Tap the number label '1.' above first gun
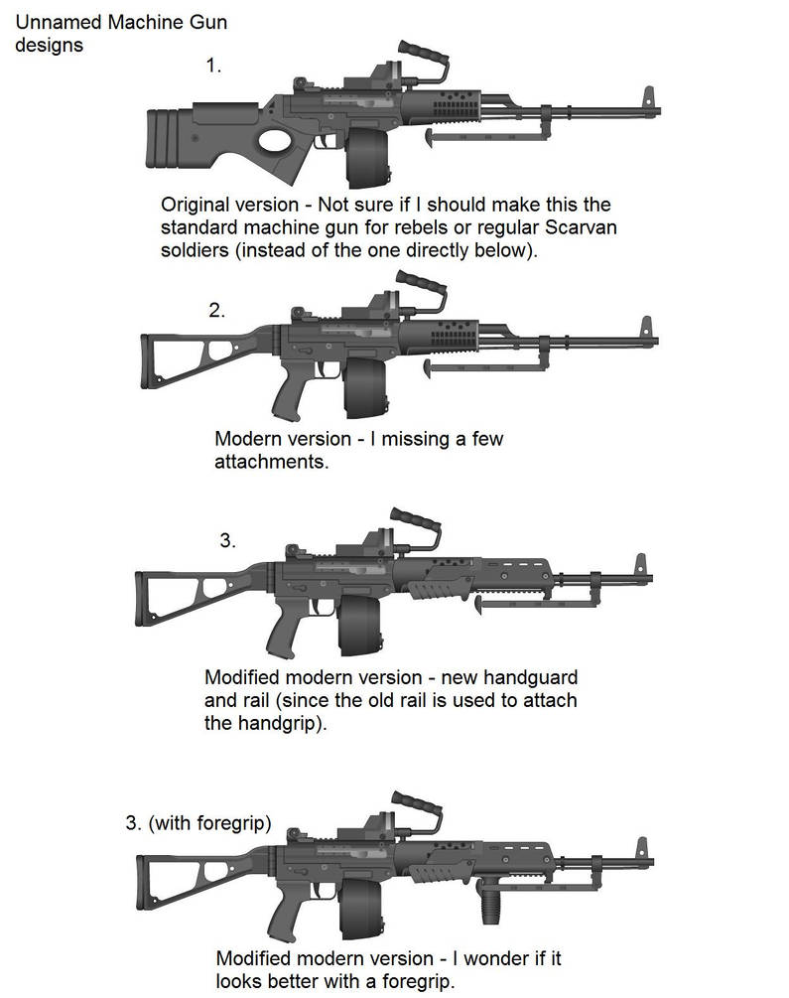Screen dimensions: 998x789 [213, 66]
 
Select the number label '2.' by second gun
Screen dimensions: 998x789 [217, 309]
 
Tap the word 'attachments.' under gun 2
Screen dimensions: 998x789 [271, 463]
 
